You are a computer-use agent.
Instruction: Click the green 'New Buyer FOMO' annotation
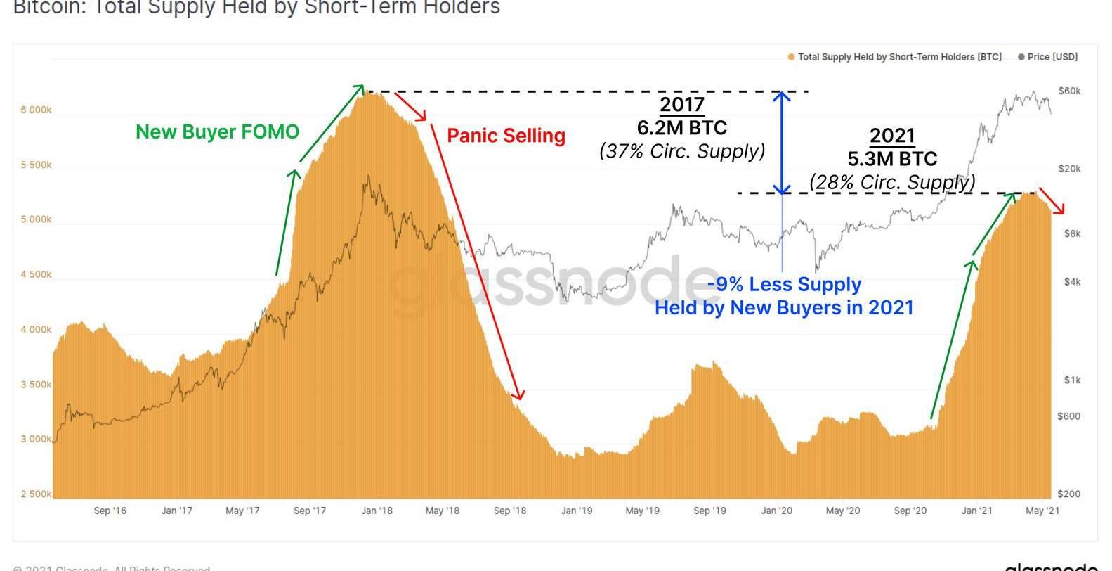pos(217,131)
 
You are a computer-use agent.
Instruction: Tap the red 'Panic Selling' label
pos(506,135)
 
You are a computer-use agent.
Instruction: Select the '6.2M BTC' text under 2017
pos(681,127)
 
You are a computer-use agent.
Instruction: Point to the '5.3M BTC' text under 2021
pos(892,159)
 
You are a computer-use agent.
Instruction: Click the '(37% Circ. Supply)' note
pos(681,150)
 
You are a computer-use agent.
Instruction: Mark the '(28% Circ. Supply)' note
pos(892,182)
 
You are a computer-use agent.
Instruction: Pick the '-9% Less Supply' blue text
pos(784,284)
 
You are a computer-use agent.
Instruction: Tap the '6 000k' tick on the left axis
pos(36,110)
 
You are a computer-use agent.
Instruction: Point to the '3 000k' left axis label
pos(36,439)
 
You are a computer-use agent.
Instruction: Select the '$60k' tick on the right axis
pos(1069,91)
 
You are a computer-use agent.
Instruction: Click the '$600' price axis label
pos(1068,416)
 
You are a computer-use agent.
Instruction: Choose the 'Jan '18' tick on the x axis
pos(377,511)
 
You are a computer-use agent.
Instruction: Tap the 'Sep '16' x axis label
pos(110,511)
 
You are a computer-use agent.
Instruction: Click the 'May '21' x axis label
pos(1042,511)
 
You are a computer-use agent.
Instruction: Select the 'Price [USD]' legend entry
pos(1052,57)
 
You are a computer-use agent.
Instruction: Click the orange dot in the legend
pos(791,57)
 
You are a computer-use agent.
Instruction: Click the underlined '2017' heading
pos(681,105)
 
